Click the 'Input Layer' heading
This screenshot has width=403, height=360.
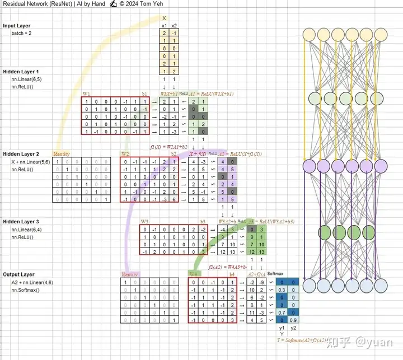17,26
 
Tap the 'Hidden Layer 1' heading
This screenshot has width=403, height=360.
21,72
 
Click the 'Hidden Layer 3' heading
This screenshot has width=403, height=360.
21,222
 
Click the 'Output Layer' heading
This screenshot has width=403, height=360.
18,275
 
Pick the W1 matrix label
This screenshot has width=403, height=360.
87,93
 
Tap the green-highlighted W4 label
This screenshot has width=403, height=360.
193,274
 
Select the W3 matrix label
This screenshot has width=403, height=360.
144,222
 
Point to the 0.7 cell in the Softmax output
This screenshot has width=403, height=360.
282,311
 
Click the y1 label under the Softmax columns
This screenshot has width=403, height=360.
282,328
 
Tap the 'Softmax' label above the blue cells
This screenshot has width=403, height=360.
276,274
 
